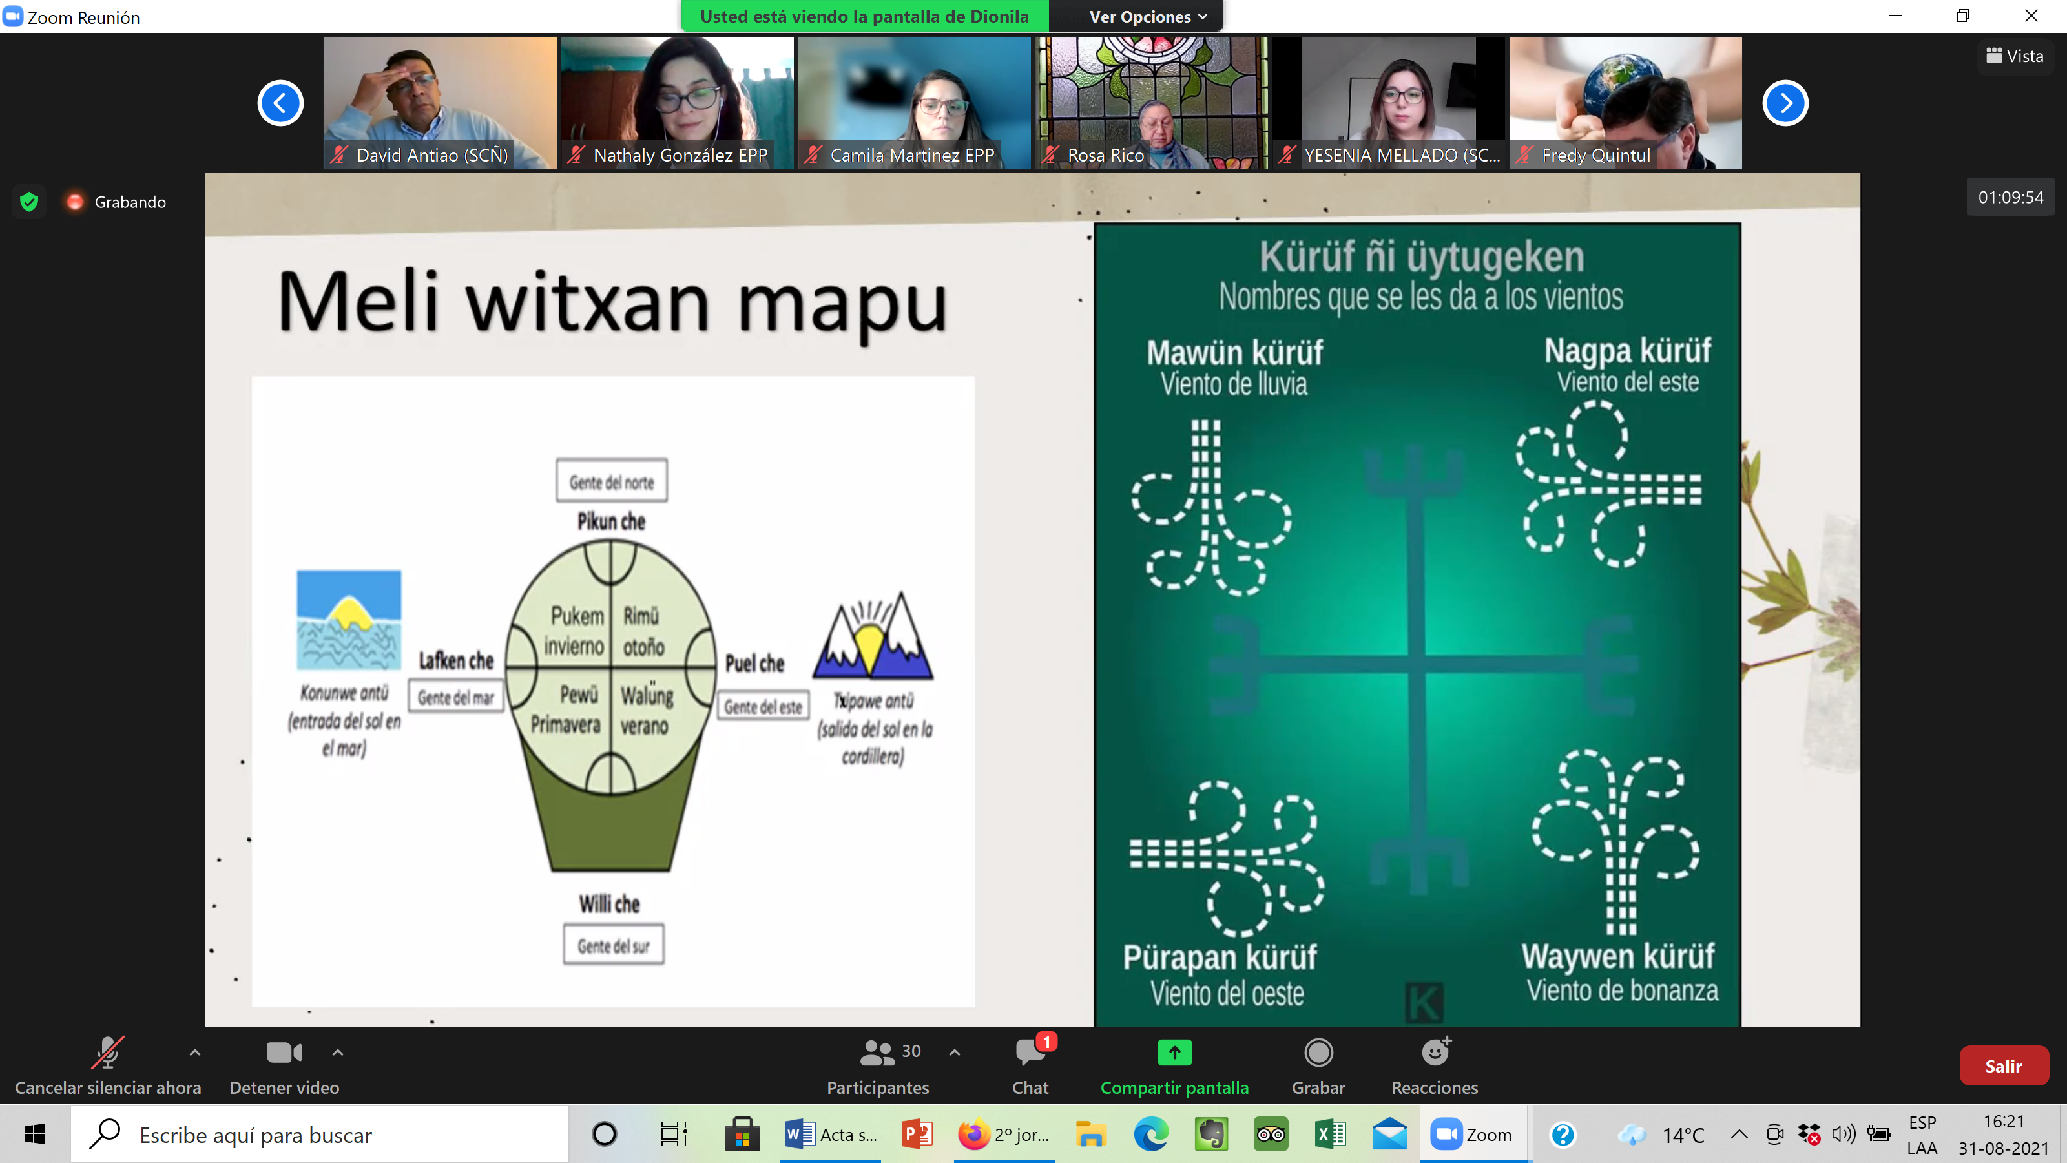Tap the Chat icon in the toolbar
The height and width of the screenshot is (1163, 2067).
pyautogui.click(x=1030, y=1051)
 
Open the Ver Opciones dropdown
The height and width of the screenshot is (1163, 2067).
pyautogui.click(x=1147, y=17)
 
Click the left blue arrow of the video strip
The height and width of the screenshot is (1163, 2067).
pyautogui.click(x=280, y=103)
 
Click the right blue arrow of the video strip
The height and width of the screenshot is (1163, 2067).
pyautogui.click(x=1785, y=103)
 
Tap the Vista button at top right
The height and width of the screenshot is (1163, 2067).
pyautogui.click(x=2014, y=56)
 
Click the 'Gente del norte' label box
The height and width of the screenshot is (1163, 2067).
pyautogui.click(x=612, y=481)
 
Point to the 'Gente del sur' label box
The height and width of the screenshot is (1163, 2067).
pyautogui.click(x=613, y=945)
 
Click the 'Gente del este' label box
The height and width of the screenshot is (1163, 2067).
pyautogui.click(x=762, y=706)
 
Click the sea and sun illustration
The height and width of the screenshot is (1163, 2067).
pyautogui.click(x=349, y=620)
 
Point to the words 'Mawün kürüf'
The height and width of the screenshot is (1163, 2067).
pyautogui.click(x=1235, y=352)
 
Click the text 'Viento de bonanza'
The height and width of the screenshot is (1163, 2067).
pyautogui.click(x=1622, y=990)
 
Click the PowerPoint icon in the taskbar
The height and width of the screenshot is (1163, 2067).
pyautogui.click(x=917, y=1134)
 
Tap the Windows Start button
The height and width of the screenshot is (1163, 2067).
pyautogui.click(x=34, y=1134)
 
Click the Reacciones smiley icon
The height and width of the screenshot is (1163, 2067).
pyautogui.click(x=1435, y=1051)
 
